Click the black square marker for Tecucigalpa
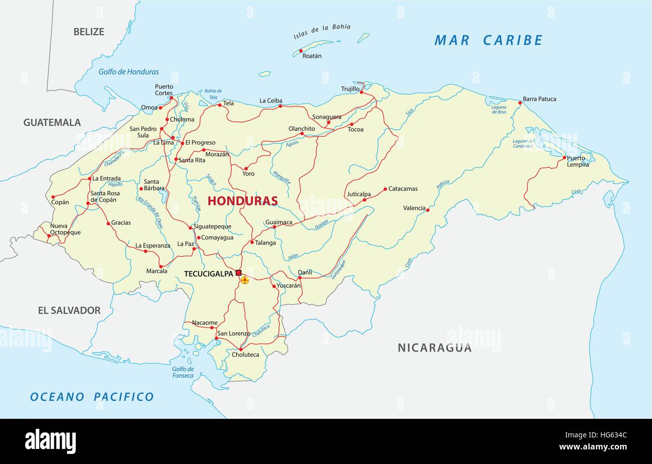pyautogui.click(x=239, y=273)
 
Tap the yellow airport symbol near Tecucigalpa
pyautogui.click(x=245, y=280)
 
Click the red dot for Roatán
pyautogui.click(x=301, y=51)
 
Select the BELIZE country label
pyautogui.click(x=89, y=32)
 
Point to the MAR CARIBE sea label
pyautogui.click(x=488, y=40)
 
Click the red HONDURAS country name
pyautogui.click(x=242, y=201)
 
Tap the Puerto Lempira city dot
pyautogui.click(x=564, y=158)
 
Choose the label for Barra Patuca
pyautogui.click(x=540, y=99)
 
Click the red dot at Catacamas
pyautogui.click(x=385, y=189)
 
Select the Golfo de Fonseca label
pyautogui.click(x=183, y=372)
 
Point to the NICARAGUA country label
pyautogui.click(x=434, y=347)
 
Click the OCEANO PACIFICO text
pyautogui.click(x=92, y=397)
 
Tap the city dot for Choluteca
pyautogui.click(x=241, y=349)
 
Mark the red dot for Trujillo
pyautogui.click(x=362, y=92)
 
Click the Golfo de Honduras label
pyautogui.click(x=128, y=72)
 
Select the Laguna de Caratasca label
pyautogui.click(x=523, y=144)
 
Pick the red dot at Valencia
pyautogui.click(x=428, y=210)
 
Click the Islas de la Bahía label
pyautogui.click(x=322, y=31)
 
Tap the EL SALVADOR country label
pyautogui.click(x=69, y=310)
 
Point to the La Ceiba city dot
pyautogui.click(x=280, y=106)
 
